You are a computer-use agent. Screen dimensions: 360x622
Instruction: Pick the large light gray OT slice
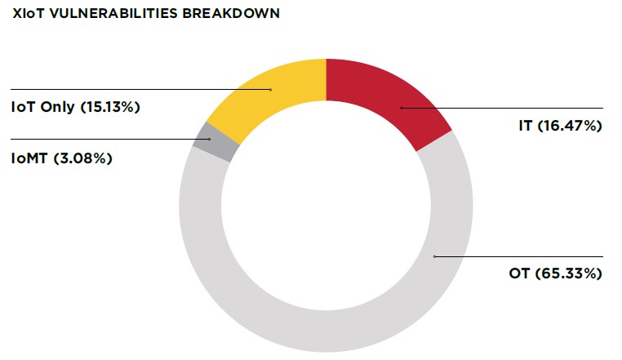pos(327,318)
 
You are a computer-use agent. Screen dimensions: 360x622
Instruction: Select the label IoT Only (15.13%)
pos(74,106)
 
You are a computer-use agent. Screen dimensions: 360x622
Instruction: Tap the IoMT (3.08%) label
pos(61,158)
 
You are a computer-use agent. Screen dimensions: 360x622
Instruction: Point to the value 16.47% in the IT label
pos(570,126)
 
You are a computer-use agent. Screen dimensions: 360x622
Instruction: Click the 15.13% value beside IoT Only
pos(111,106)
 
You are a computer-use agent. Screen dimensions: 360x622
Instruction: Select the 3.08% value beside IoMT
pos(87,158)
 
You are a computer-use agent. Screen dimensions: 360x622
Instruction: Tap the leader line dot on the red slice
pos(401,108)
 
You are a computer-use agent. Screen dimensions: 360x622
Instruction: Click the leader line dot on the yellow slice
pos(271,89)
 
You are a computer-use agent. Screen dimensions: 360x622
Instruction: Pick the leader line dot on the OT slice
pos(435,256)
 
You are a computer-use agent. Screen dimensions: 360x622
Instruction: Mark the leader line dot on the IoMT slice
pos(210,140)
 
